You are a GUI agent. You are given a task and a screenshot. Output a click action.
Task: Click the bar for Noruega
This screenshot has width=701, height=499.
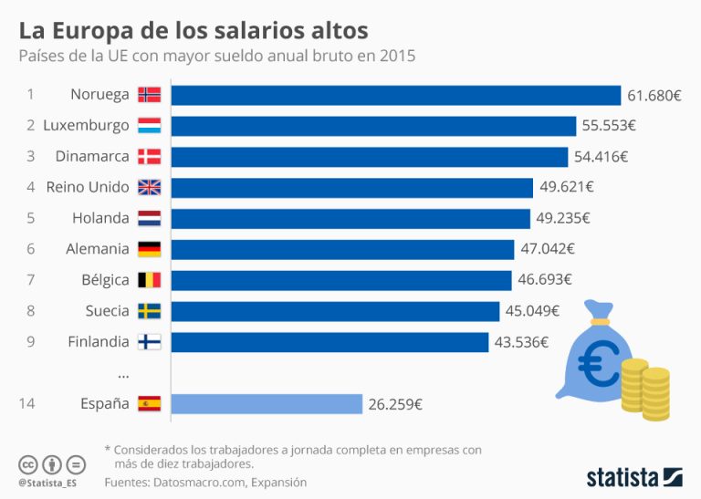[x=395, y=95]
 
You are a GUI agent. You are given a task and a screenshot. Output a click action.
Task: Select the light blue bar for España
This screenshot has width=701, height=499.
[x=267, y=403]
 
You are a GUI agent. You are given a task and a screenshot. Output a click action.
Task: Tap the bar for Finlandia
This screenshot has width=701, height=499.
[x=330, y=342]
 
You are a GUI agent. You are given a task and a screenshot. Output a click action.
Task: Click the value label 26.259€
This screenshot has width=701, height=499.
[x=395, y=403]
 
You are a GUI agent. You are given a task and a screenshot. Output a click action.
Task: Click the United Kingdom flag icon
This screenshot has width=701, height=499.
[x=149, y=187]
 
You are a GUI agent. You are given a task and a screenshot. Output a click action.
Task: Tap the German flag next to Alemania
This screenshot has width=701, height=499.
[x=149, y=249]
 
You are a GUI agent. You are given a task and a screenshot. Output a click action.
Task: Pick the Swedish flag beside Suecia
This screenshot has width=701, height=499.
[x=149, y=311]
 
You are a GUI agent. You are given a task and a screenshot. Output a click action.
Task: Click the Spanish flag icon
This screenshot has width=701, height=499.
[x=149, y=403]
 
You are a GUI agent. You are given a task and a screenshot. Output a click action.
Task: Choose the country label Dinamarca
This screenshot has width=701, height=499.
[x=92, y=156]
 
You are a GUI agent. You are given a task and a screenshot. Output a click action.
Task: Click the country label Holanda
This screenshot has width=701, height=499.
[x=100, y=218]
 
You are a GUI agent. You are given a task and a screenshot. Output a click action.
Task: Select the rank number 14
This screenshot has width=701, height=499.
[x=27, y=403]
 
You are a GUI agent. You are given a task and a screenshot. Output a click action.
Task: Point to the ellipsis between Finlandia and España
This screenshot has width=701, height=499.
[x=123, y=373]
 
